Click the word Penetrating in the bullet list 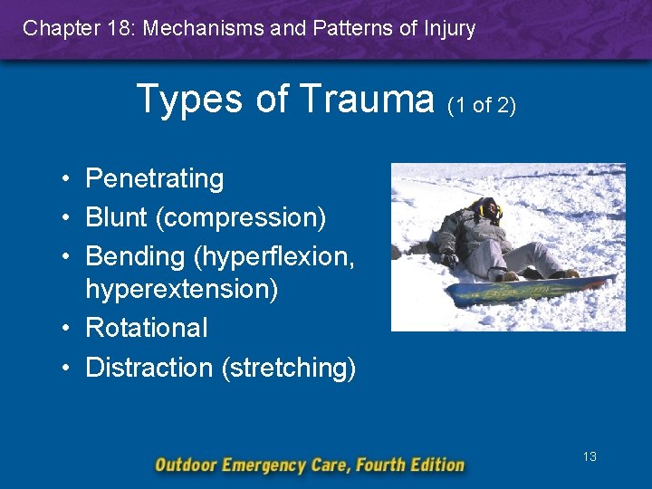pos(154,178)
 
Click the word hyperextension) pos(181,289)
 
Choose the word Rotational pos(146,327)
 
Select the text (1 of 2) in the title pos(482,105)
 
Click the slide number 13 pos(590,456)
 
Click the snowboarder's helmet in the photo pos(489,210)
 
